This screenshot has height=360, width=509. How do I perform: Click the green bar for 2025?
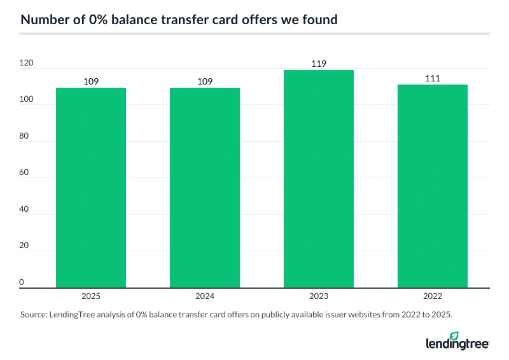[91, 188]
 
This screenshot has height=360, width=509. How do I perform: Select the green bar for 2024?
[205, 188]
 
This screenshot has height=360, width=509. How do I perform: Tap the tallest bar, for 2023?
[319, 179]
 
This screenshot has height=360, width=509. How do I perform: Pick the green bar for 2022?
[433, 186]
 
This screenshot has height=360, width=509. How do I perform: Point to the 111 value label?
[433, 78]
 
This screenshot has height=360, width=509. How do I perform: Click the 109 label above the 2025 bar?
[91, 81]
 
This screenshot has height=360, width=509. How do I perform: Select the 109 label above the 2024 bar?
[205, 81]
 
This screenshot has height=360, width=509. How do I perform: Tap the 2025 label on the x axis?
[91, 296]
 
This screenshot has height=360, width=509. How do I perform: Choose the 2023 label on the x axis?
[319, 296]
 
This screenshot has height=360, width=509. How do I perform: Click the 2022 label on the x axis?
[433, 296]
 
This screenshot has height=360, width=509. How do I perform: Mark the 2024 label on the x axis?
[205, 296]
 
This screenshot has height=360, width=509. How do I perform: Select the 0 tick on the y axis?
[22, 282]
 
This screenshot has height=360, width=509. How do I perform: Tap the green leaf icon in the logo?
[454, 336]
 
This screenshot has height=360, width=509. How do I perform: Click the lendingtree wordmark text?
[457, 344]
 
